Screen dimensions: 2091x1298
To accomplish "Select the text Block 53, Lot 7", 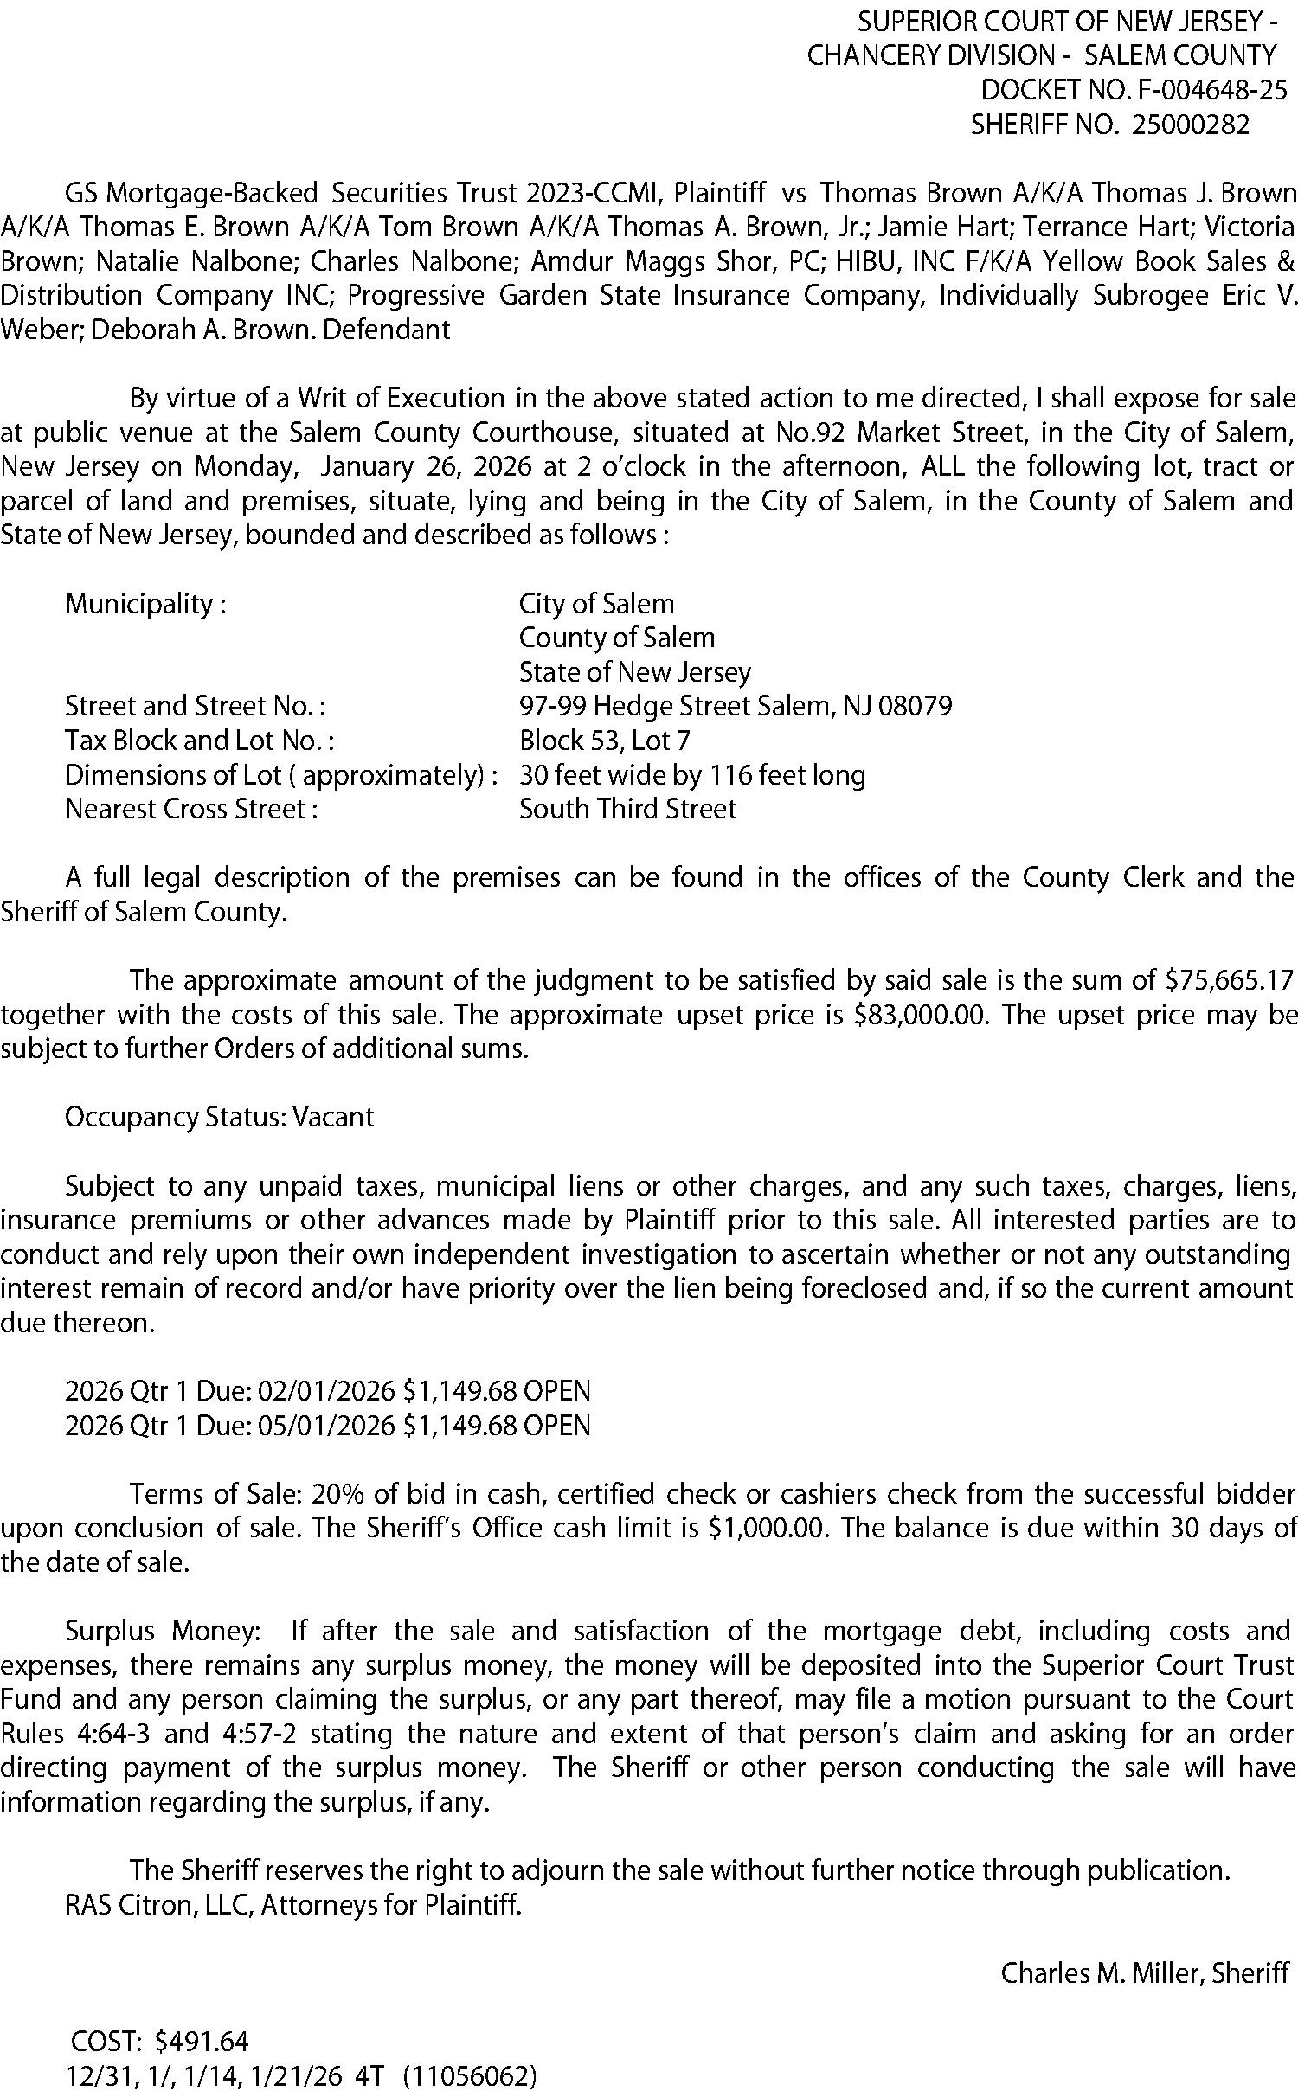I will point(604,741).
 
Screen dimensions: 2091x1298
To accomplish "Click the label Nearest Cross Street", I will point(190,809).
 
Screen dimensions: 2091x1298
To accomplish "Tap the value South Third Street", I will point(627,809).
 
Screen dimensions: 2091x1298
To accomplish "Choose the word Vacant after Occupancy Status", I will point(333,1117).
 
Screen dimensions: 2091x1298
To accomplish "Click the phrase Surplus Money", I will point(160,1631).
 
